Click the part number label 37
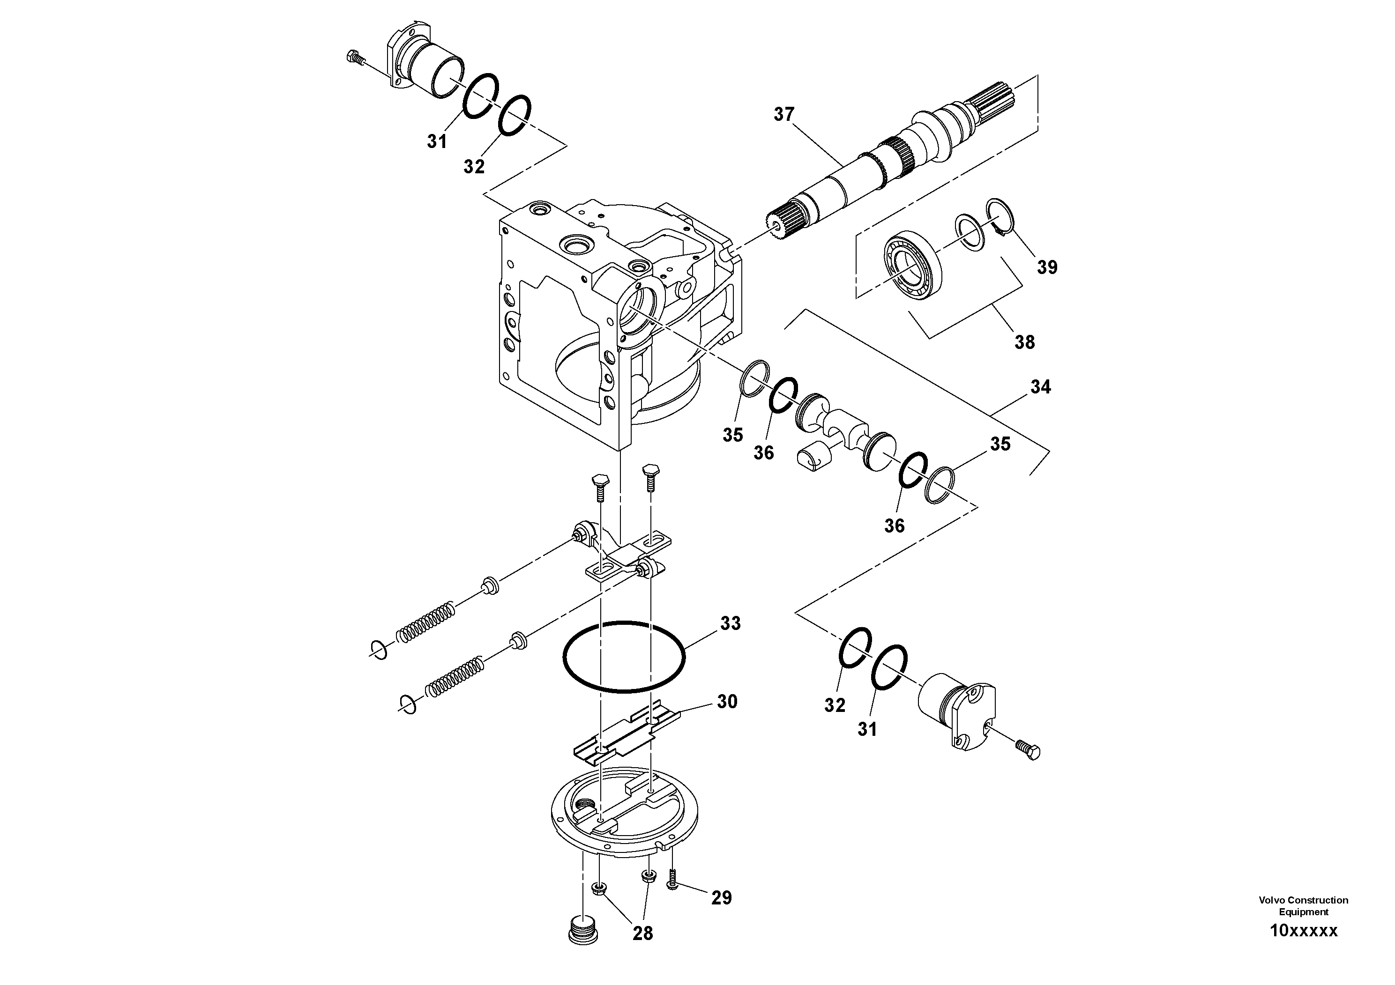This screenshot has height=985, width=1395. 784,114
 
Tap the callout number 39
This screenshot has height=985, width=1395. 1047,267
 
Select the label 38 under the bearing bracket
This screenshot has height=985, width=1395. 1024,342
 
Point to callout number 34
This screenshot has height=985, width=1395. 1040,387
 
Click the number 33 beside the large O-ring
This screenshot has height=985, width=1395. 731,624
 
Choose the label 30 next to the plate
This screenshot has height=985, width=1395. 727,702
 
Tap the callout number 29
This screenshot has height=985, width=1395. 721,897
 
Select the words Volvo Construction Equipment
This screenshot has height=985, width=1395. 1303,905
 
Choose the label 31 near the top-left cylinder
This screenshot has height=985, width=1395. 436,141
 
